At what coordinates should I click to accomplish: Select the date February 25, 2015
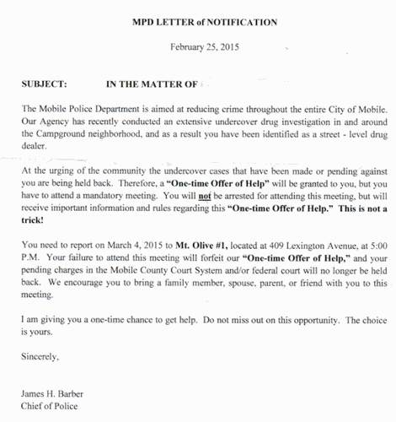click(198, 47)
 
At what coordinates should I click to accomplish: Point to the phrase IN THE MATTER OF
click(151, 84)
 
